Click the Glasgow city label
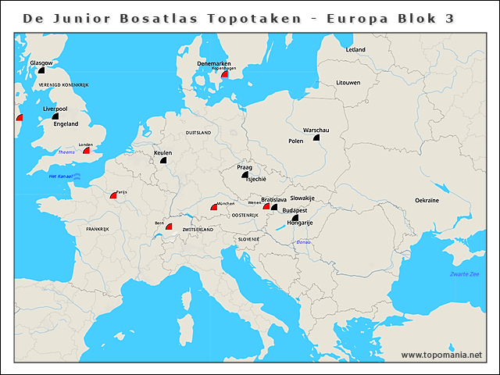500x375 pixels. (x=41, y=62)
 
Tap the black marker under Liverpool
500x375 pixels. (x=55, y=116)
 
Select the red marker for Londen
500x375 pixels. (x=87, y=150)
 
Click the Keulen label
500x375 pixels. (x=163, y=152)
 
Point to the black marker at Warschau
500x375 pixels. (x=316, y=137)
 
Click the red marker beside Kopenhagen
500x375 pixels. (x=224, y=74)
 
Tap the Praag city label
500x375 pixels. (x=245, y=167)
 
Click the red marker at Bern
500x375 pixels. (x=169, y=227)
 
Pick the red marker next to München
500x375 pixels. (x=213, y=207)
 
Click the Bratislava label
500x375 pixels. (x=274, y=199)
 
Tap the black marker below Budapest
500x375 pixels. (x=295, y=218)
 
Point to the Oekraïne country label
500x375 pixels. (x=427, y=201)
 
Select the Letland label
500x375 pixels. (x=355, y=49)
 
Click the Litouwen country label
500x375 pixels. (x=348, y=82)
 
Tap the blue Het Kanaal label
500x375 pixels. (x=60, y=177)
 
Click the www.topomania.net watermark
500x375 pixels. (x=441, y=355)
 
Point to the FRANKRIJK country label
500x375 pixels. (x=98, y=229)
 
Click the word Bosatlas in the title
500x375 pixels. (x=140, y=17)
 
